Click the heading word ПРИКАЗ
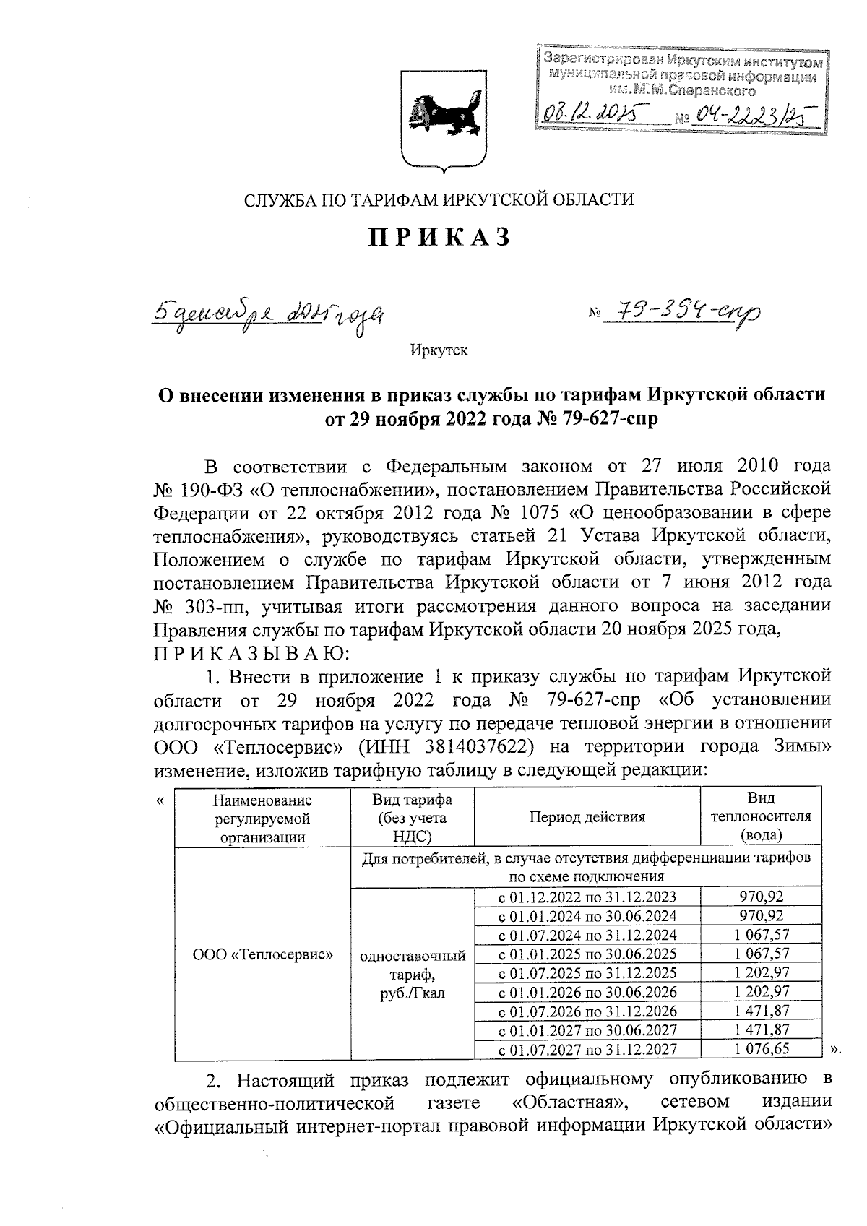[x=440, y=237]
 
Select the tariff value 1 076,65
[x=762, y=1048]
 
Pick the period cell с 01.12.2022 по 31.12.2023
[x=587, y=897]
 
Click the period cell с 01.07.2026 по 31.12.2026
[x=587, y=1011]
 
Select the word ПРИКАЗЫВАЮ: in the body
[x=251, y=655]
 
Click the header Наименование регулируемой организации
[x=263, y=818]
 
